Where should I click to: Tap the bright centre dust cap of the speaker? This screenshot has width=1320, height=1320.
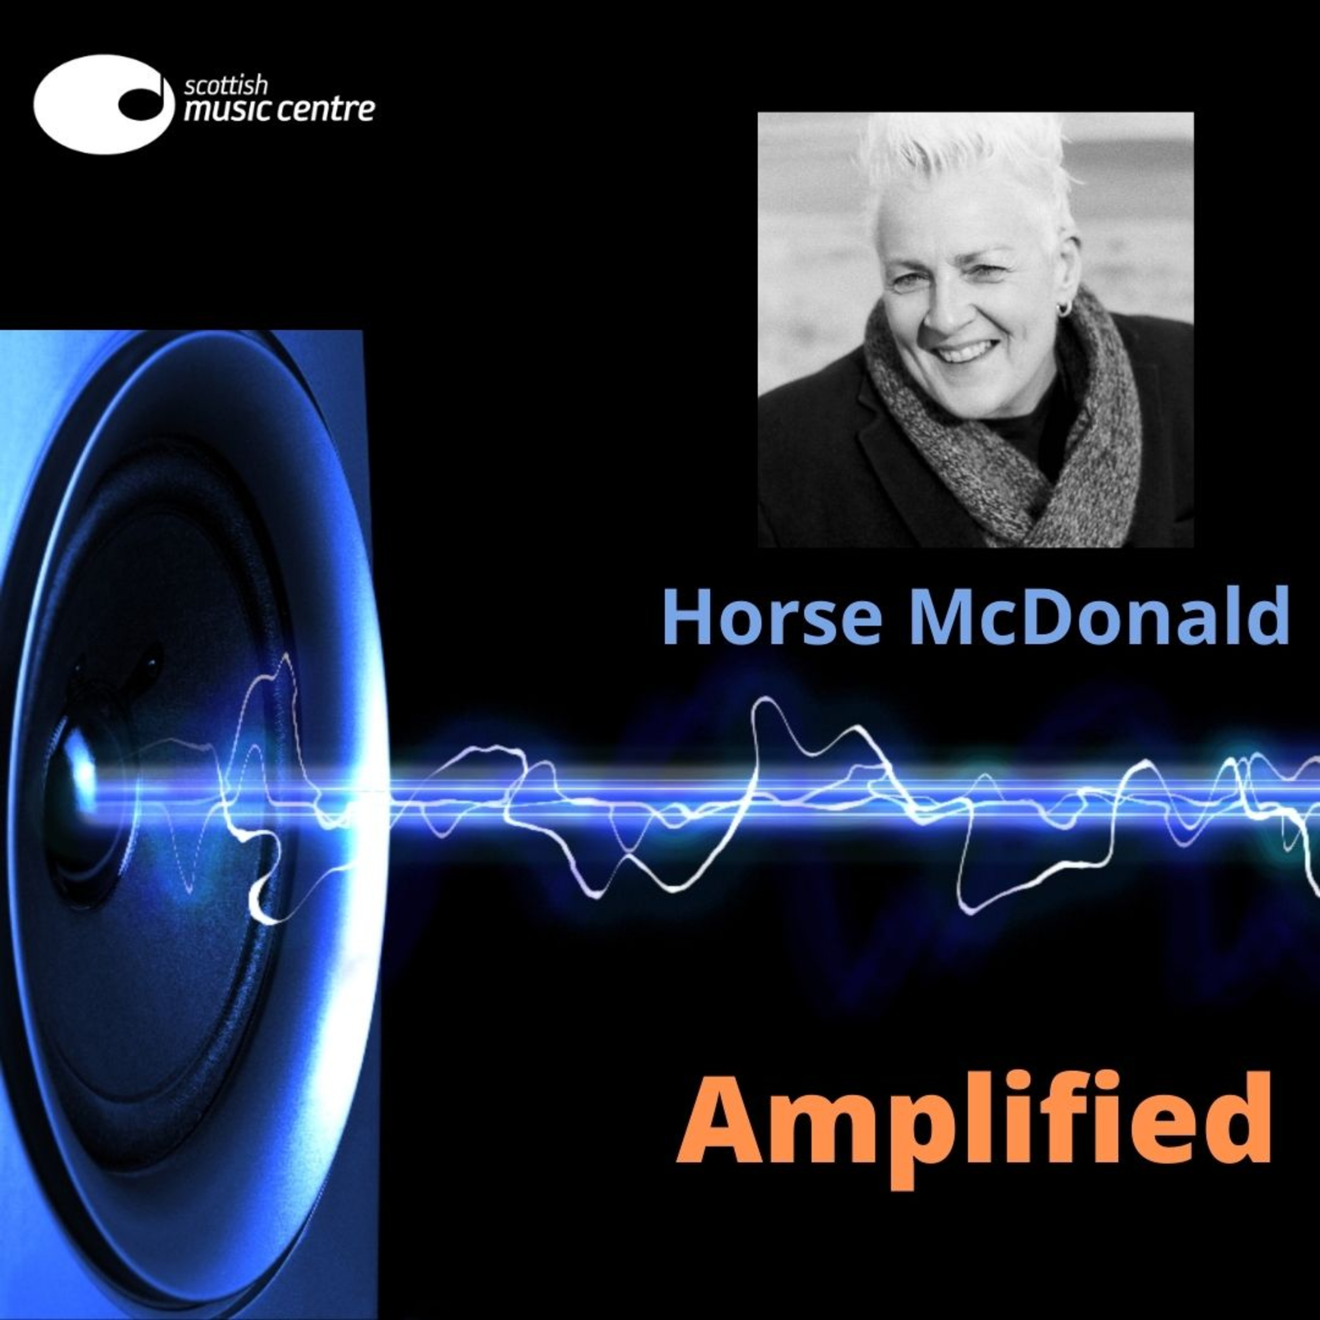tap(82, 775)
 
